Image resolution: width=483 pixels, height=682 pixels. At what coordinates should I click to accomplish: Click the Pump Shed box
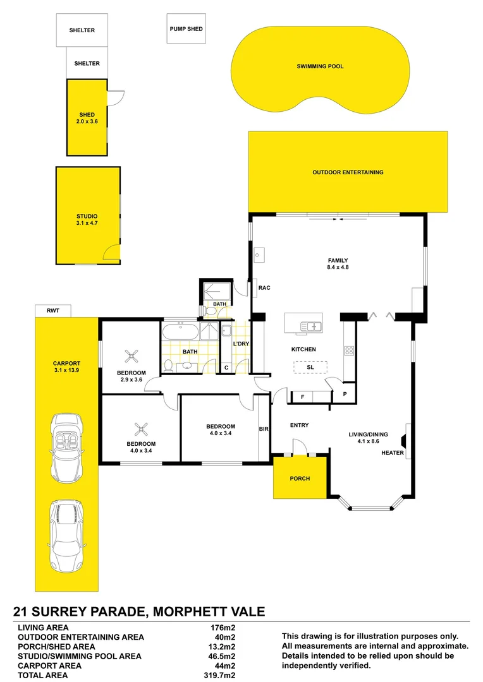[x=186, y=29]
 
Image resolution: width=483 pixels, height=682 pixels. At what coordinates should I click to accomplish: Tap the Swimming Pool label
[x=320, y=66]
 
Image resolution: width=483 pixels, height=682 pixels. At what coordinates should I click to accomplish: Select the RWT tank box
[x=53, y=311]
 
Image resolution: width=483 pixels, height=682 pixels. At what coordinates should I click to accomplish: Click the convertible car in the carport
[x=66, y=447]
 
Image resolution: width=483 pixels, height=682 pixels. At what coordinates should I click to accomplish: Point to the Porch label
[x=300, y=479]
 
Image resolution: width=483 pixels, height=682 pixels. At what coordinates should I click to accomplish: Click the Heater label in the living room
[x=392, y=453]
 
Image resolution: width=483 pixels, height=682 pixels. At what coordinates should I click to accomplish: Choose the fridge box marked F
[x=303, y=397]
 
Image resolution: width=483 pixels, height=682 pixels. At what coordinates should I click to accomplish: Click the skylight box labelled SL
[x=310, y=367]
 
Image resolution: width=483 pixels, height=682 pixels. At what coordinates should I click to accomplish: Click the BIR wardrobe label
[x=264, y=429]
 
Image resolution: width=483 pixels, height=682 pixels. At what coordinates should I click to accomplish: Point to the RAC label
[x=264, y=288]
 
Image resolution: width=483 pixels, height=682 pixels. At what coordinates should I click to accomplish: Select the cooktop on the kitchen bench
[x=348, y=350]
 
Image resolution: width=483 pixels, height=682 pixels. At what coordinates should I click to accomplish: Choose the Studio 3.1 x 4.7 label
[x=87, y=220]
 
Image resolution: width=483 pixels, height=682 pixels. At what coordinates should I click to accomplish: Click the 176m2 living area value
[x=223, y=628]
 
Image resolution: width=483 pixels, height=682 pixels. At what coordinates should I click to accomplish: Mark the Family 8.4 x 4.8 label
[x=338, y=264]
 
